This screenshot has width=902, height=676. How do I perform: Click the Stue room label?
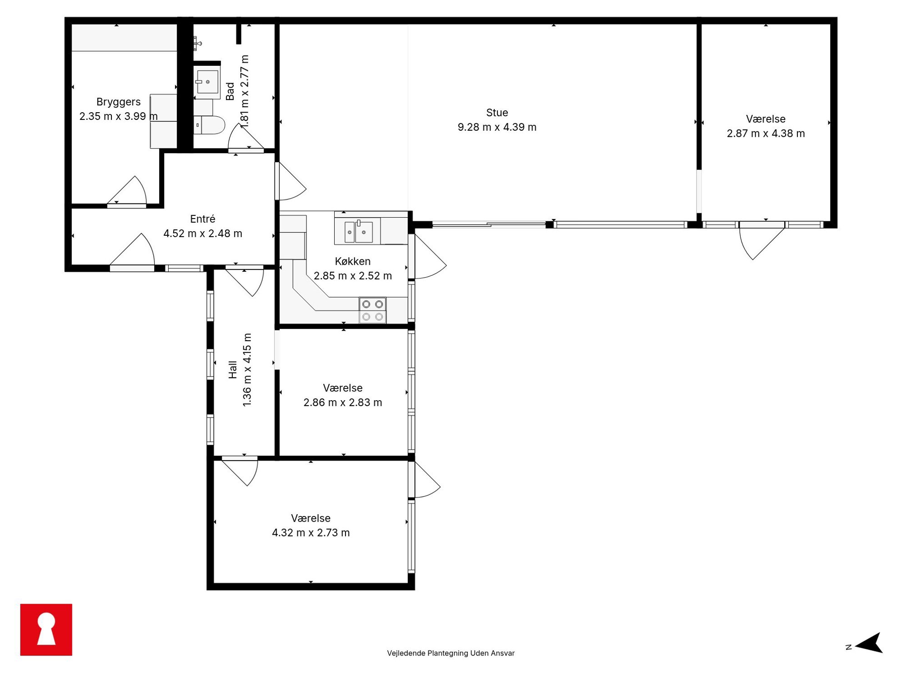[497, 113]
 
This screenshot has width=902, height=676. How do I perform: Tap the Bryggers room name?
[118, 102]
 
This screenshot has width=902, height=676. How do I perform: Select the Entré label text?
[202, 219]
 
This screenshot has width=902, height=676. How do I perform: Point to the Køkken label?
[352, 261]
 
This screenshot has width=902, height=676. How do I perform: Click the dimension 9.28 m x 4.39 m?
[497, 127]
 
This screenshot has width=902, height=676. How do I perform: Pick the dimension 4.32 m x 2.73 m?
[311, 532]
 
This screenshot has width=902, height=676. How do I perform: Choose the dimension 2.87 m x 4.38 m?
[766, 134]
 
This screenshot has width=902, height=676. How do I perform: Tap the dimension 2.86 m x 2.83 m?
[342, 403]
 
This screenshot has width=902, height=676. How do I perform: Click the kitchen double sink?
[358, 232]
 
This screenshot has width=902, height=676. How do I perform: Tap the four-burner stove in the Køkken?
[372, 310]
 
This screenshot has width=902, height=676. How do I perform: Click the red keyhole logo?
[46, 630]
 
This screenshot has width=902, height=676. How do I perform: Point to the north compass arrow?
[869, 643]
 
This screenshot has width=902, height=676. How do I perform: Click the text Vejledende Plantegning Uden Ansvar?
[451, 653]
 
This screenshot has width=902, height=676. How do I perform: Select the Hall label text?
[233, 369]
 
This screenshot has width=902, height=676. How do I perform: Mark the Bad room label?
[230, 91]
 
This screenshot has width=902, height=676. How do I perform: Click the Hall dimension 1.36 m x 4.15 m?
[247, 370]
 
